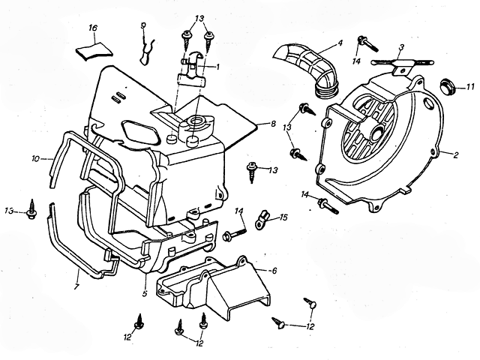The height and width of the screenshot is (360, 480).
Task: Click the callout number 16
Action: click(x=93, y=28)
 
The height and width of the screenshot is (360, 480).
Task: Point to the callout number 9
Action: click(x=142, y=26)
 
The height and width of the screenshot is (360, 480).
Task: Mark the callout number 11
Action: click(x=470, y=88)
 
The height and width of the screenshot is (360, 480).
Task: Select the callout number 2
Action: click(x=455, y=155)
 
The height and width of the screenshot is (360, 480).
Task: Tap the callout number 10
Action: click(x=35, y=158)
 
